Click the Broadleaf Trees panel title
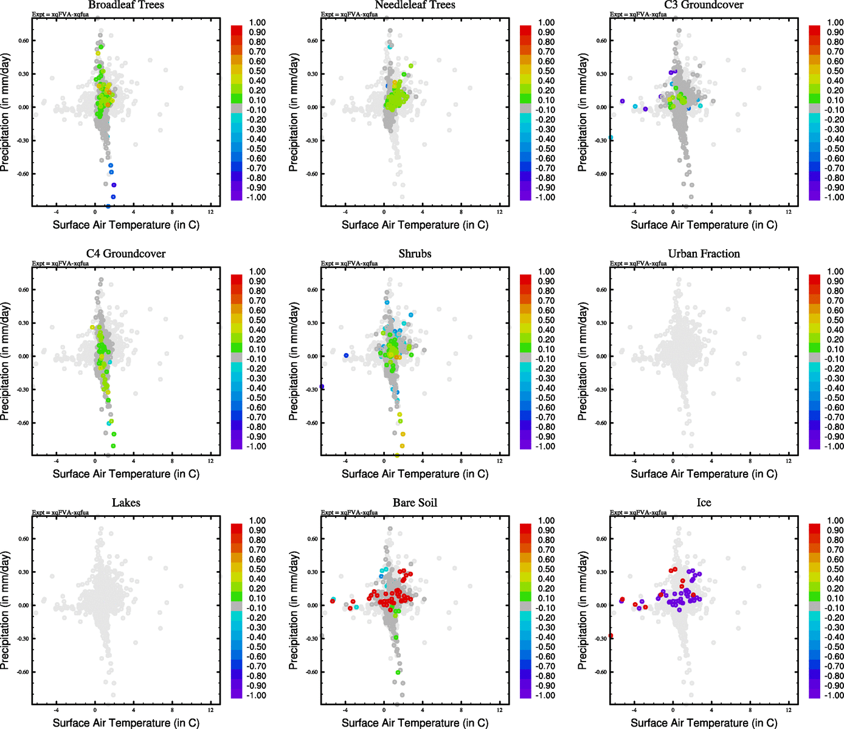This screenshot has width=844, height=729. click(x=126, y=5)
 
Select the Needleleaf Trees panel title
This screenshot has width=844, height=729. click(x=415, y=5)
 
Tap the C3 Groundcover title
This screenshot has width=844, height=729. click(x=704, y=5)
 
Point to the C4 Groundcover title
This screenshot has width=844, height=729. click(x=126, y=254)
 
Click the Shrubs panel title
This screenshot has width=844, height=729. click(x=415, y=254)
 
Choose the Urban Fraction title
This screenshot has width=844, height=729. click(x=704, y=254)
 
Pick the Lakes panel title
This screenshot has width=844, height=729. click(x=126, y=503)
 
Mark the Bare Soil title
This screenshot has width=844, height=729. click(x=415, y=503)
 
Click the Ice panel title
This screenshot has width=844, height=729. click(x=704, y=503)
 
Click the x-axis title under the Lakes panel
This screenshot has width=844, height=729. click(x=126, y=723)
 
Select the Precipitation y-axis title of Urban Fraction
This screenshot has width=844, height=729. click(x=583, y=361)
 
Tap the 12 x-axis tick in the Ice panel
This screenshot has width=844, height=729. click(x=789, y=710)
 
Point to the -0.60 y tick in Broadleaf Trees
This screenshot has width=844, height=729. click(x=22, y=174)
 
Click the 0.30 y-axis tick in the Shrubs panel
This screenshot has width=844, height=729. click(x=311, y=323)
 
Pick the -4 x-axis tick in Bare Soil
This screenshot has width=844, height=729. click(x=345, y=710)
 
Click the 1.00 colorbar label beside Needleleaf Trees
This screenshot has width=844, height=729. click(x=547, y=22)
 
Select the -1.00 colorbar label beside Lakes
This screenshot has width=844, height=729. click(x=257, y=696)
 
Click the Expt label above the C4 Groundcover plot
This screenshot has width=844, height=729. click(x=60, y=264)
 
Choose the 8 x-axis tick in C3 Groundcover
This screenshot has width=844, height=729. click(x=750, y=211)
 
